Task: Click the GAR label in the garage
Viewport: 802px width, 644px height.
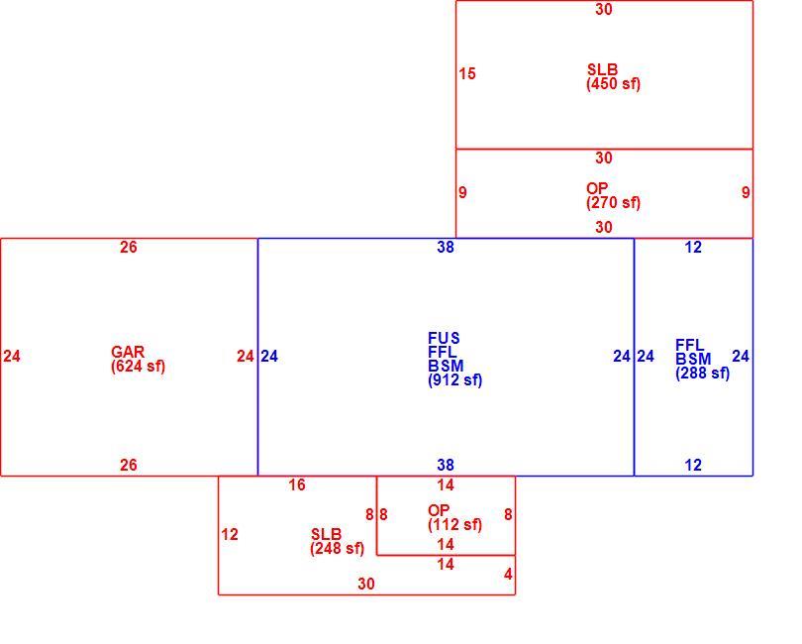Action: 128,352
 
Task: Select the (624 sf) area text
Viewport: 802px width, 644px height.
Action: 138,367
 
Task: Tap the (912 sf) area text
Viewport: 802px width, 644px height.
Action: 455,380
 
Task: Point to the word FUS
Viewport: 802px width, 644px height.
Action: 444,338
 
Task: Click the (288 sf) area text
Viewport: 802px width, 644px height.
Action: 703,374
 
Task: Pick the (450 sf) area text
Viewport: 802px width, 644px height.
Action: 613,84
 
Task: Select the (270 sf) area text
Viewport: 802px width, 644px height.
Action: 613,203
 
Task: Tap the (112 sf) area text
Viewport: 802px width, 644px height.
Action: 455,525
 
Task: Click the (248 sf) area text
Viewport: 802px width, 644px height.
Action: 338,549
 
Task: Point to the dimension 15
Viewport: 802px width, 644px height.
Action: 467,73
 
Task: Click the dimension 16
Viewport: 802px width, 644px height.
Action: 297,484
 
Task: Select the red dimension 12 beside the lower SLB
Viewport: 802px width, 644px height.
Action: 230,534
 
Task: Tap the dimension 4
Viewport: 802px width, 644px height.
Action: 508,575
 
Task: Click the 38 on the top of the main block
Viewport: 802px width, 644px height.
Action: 446,248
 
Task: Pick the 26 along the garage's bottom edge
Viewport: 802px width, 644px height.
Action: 129,465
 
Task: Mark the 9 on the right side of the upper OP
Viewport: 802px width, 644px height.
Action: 746,192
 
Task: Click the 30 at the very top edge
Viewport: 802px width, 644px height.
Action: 604,9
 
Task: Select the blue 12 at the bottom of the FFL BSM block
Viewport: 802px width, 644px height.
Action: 693,465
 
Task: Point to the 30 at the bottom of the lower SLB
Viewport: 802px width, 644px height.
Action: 366,584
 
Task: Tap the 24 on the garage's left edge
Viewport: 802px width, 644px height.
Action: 12,357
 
